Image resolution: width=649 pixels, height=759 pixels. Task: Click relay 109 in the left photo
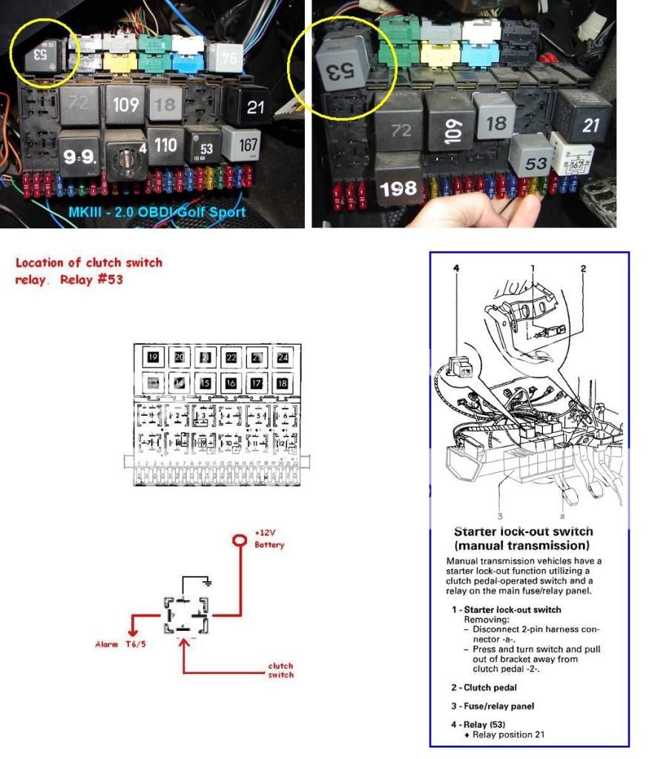pyautogui.click(x=125, y=104)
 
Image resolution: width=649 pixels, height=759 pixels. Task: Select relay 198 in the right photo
pyautogui.click(x=398, y=189)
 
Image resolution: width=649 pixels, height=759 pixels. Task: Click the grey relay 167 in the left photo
pyautogui.click(x=248, y=145)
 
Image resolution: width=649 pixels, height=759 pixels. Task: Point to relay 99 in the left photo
pyautogui.click(x=80, y=154)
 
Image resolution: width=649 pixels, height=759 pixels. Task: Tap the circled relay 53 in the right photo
pyautogui.click(x=343, y=67)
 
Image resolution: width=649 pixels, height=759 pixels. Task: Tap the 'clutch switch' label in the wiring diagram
pyautogui.click(x=280, y=670)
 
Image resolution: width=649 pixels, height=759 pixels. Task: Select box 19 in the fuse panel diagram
pyautogui.click(x=154, y=357)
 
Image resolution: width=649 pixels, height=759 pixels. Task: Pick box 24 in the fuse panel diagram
pyautogui.click(x=283, y=357)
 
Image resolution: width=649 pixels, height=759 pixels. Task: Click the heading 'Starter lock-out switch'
pyautogui.click(x=523, y=531)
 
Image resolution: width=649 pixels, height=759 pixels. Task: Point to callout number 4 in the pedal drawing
pyautogui.click(x=456, y=269)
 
